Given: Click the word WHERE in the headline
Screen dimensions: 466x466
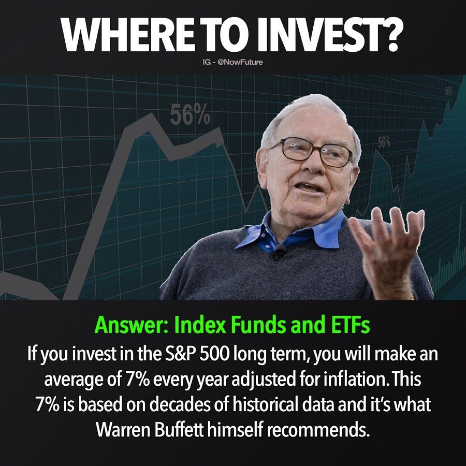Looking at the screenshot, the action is click(128, 35).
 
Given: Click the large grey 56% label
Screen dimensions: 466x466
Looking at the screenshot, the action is click(190, 115).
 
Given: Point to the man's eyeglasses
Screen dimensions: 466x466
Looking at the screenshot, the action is click(312, 152).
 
